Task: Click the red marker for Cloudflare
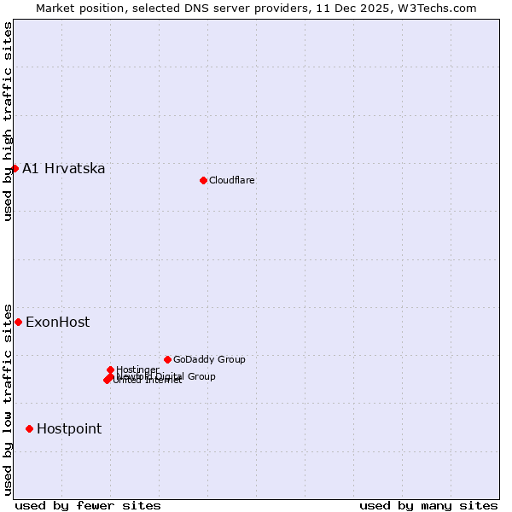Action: point(203,180)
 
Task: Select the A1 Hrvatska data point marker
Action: point(15,168)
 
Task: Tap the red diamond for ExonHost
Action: point(18,322)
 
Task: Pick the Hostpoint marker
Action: point(29,428)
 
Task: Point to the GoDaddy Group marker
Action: point(167,359)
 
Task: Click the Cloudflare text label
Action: point(231,180)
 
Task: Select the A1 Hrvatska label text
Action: point(64,168)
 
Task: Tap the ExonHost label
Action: point(57,322)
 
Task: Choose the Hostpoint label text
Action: point(69,428)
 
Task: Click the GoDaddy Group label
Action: point(209,359)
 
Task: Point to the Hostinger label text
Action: point(137,369)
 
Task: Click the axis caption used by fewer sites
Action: point(88,505)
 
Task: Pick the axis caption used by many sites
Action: point(428,505)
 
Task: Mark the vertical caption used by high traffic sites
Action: point(8,121)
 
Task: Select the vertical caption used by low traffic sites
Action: point(8,399)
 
